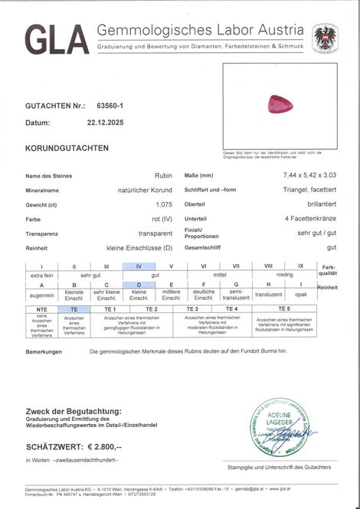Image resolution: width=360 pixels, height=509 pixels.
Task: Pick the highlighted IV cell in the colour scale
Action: [139, 266]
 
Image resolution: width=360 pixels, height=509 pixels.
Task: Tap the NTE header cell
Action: [41, 308]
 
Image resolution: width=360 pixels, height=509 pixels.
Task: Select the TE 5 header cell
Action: [284, 308]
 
